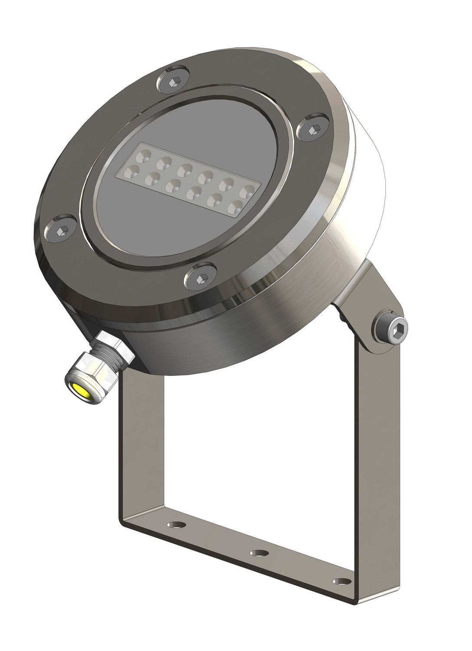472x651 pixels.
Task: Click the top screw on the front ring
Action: [x=173, y=82]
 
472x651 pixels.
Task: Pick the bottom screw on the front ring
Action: [x=200, y=277]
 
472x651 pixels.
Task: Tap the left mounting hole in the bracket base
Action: [x=175, y=525]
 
